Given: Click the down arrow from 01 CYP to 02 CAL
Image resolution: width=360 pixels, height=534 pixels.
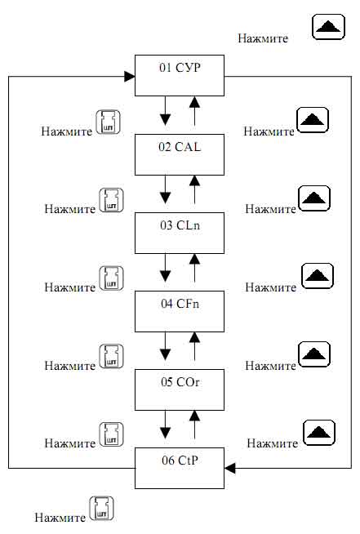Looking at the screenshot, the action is (x=165, y=111).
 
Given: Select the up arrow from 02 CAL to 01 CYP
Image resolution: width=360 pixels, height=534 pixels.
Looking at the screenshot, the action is (x=194, y=111).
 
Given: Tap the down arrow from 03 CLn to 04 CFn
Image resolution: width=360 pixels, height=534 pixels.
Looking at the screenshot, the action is (x=165, y=268).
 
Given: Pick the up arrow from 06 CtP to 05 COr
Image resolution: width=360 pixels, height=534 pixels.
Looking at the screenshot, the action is (x=194, y=425).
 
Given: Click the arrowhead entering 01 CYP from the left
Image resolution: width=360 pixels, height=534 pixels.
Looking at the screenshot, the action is (x=130, y=77).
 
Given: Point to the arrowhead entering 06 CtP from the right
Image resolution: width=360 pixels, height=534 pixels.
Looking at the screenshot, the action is (x=230, y=468).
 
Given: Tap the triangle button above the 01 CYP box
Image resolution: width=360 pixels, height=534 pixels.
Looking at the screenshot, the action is (x=329, y=27).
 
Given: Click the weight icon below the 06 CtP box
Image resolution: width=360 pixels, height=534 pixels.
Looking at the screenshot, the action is (x=101, y=510).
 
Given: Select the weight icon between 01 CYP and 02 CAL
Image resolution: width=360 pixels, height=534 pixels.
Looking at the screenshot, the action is (x=108, y=122).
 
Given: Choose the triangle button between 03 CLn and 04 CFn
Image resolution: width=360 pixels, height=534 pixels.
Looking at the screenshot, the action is (x=318, y=276).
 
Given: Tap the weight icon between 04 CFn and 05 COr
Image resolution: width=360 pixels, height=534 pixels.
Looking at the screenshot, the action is (x=111, y=357).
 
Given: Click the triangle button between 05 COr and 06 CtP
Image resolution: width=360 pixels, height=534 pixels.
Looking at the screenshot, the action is (x=319, y=433).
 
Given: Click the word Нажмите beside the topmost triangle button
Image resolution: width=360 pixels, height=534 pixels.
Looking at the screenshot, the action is (x=263, y=38).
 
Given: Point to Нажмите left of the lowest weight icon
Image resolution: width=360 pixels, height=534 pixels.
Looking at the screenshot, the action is (x=60, y=518).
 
